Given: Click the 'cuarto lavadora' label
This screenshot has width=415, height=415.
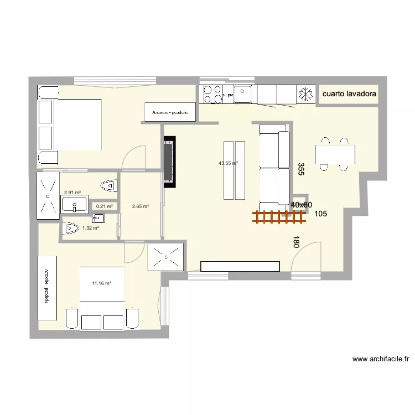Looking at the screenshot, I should coord(349,94).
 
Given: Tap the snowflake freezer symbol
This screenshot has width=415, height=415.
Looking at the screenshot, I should coord(304,94).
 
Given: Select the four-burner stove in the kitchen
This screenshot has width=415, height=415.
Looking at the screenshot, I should coord(213,94).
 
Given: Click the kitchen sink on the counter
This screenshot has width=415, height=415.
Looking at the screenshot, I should coord(243,95).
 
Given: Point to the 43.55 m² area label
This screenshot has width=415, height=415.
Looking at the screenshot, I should coord(228,163).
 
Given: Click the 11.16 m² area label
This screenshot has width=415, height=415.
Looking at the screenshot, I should coord(102,283).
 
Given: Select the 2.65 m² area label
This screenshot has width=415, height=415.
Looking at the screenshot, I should coord(140,206).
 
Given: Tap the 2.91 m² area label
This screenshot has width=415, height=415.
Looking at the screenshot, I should coord(72,193).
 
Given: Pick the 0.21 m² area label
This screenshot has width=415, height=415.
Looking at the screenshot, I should coord(104,206).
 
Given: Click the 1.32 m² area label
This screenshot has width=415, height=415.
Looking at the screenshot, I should coord(90,227).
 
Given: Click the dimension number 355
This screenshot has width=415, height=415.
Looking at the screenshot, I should coord(300,169).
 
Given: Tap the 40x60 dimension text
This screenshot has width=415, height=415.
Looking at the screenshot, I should coord(302,205).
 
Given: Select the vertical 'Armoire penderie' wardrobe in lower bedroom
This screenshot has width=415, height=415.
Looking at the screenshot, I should coord(47,288).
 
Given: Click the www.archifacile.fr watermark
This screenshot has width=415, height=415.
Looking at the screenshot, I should coord(380,359).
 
